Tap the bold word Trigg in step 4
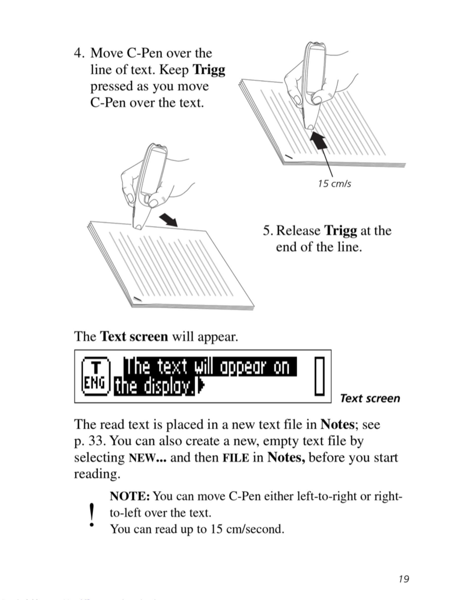point(209,70)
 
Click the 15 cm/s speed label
point(334,183)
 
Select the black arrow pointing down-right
point(169,220)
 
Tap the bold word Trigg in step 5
point(340,231)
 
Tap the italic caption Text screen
point(370,399)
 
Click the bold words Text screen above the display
point(134,336)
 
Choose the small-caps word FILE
point(236,458)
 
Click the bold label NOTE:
point(130,496)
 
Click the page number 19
point(404,578)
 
